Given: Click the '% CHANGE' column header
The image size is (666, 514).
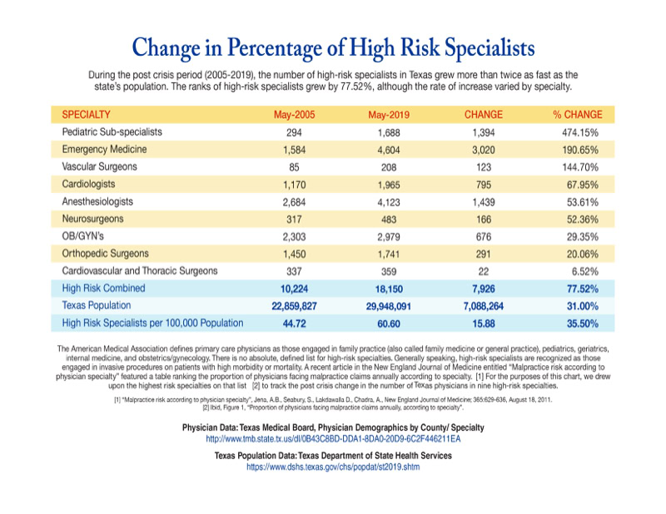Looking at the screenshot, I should tap(578, 114).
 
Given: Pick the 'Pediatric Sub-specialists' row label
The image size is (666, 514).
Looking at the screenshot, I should tap(112, 132).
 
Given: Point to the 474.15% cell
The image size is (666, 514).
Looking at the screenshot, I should tap(582, 132).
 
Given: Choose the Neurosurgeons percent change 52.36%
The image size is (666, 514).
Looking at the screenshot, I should tap(584, 219).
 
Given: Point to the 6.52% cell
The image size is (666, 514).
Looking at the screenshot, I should tap(587, 270).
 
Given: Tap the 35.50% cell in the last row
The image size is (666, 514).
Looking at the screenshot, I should tap(582, 323).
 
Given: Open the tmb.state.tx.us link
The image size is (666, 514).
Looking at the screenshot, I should tap(333, 438).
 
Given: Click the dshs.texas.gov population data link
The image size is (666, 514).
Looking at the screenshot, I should tap(333, 467).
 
